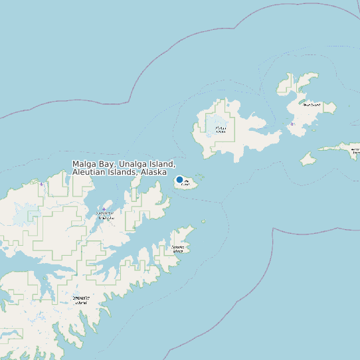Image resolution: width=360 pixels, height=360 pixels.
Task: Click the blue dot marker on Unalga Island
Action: [179, 180]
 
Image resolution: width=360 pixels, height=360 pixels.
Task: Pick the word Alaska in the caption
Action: [153, 172]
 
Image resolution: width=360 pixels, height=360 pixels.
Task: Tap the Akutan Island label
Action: [221, 129]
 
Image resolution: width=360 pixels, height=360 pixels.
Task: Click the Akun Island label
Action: [311, 104]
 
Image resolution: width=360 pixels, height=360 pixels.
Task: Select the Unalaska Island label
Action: [80, 300]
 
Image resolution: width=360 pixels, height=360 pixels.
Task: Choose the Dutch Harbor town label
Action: [105, 216]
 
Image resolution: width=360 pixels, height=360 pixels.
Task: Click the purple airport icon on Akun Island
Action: [292, 124]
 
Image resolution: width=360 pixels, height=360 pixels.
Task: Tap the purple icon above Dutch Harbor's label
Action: [104, 209]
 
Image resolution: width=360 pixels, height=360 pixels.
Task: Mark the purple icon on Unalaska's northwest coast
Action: [41, 184]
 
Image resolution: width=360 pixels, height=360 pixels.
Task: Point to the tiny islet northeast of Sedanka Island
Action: [203, 222]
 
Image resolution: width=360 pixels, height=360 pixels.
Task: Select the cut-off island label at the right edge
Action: [355, 152]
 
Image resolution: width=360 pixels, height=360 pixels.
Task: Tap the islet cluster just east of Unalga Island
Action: [199, 177]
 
